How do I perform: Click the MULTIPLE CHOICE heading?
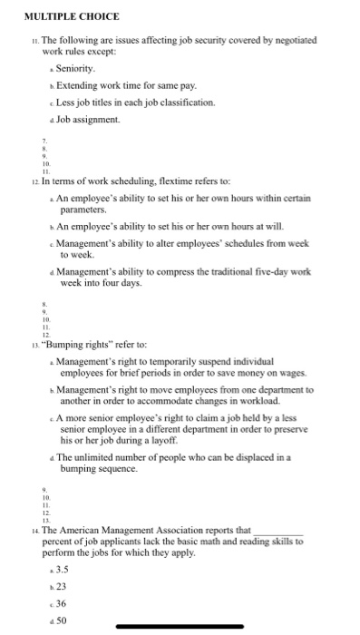pyautogui.click(x=72, y=16)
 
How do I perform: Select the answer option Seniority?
pyautogui.click(x=75, y=69)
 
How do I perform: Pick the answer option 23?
pyautogui.click(x=62, y=588)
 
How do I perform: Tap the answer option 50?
pyautogui.click(x=62, y=621)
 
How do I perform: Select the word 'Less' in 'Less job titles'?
pyautogui.click(x=66, y=102)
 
